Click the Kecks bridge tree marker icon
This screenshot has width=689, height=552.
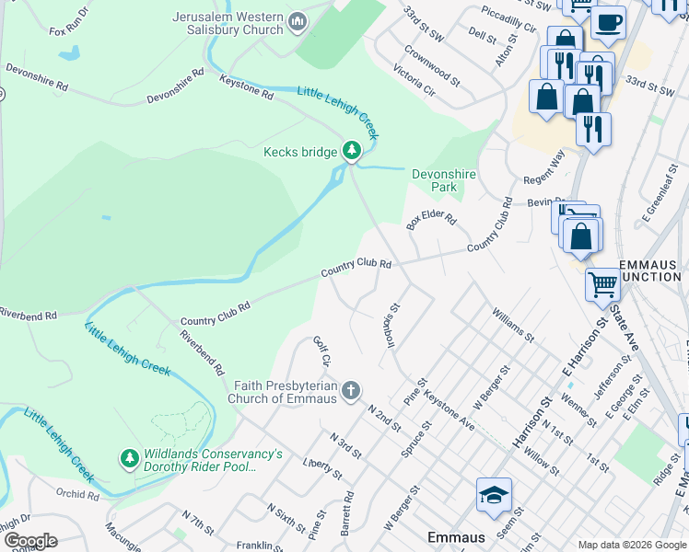click(x=351, y=150)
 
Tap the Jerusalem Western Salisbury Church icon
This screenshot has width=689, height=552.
click(x=298, y=22)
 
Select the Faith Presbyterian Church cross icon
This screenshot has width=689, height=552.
click(x=350, y=392)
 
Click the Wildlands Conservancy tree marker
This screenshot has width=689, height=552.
click(x=130, y=457)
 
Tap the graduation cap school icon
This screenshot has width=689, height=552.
click(x=494, y=494)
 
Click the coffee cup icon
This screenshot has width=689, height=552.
click(x=609, y=21)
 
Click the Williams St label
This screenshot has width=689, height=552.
click(x=513, y=325)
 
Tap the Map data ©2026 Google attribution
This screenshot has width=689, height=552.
click(x=631, y=545)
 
